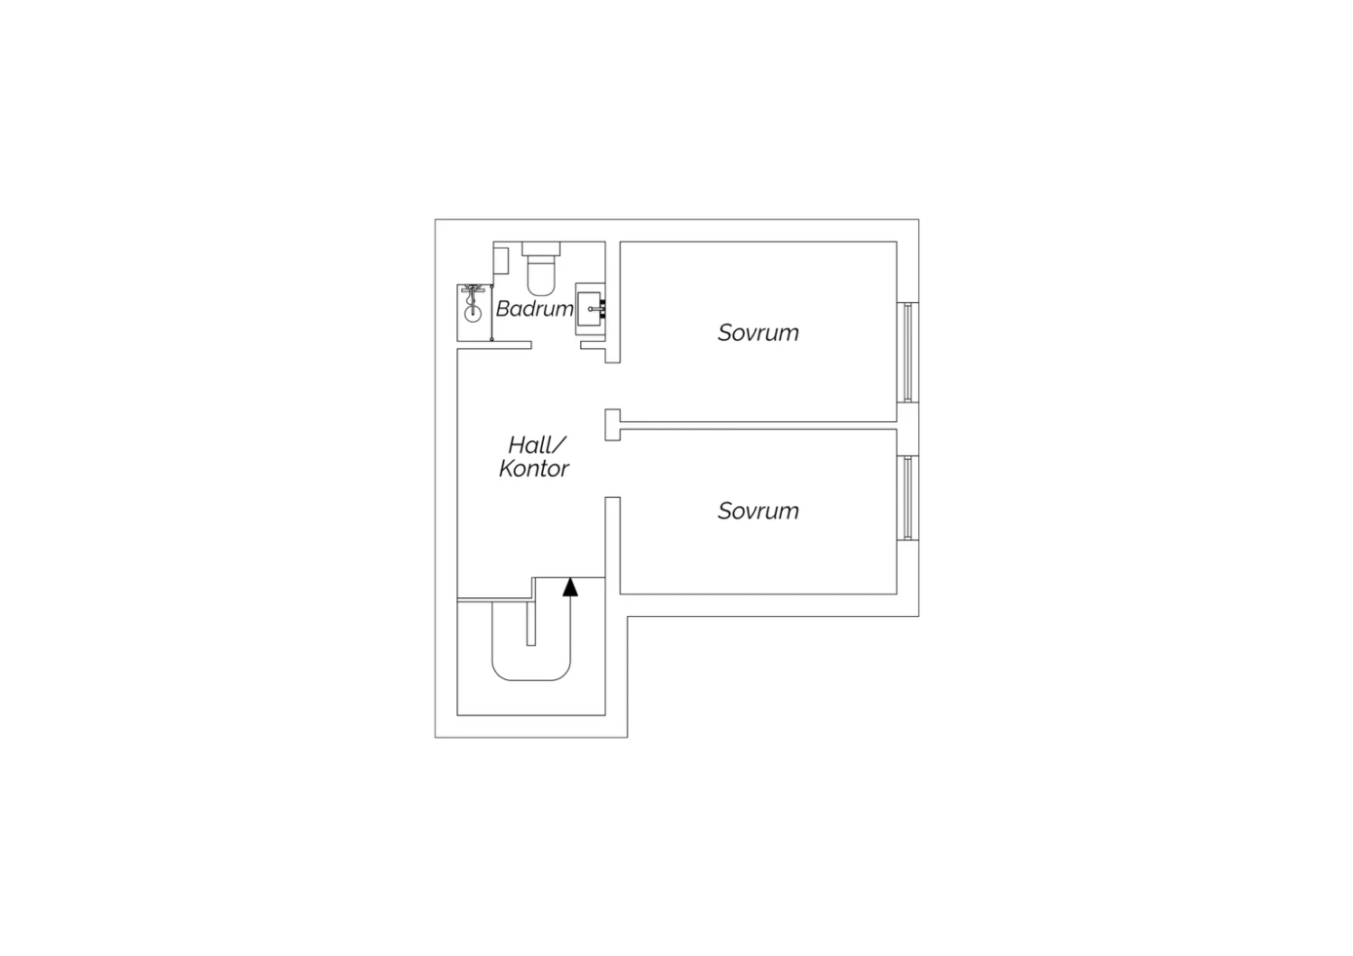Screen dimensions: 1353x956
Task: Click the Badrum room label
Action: (535, 309)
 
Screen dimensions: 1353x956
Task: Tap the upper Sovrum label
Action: (758, 333)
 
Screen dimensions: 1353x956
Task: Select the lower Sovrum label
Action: (758, 510)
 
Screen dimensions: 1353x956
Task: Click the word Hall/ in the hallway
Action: (537, 446)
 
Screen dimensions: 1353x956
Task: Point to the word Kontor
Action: (534, 469)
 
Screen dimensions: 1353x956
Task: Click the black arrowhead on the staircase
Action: (570, 587)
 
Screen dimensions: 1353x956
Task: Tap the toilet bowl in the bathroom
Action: (540, 275)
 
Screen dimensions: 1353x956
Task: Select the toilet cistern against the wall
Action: (540, 248)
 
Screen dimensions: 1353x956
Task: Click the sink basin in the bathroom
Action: (589, 309)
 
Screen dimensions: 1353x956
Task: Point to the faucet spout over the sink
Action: (597, 309)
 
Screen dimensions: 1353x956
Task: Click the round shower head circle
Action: (473, 314)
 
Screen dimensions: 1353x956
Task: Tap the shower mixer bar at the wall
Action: (473, 290)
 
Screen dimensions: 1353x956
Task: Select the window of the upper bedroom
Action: (907, 352)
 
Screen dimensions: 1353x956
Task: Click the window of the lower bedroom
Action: (907, 498)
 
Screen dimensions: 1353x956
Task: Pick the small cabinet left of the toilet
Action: (501, 261)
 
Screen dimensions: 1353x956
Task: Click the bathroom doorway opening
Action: (556, 345)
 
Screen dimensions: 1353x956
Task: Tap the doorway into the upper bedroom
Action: (612, 386)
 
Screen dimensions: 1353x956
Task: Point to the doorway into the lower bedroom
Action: (612, 469)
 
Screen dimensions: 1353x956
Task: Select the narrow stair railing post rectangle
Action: (531, 623)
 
